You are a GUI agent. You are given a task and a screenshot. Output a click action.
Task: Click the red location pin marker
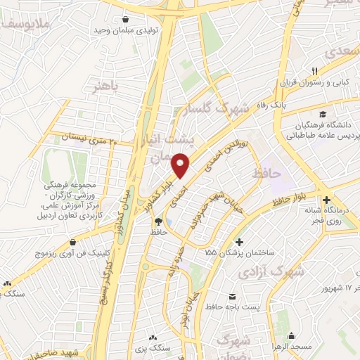pyautogui.click(x=182, y=165)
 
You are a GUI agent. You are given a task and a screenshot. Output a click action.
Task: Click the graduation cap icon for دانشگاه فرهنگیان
pyautogui.click(x=322, y=114)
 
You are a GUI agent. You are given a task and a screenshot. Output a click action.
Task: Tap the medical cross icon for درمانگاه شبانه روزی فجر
pyautogui.click(x=326, y=200)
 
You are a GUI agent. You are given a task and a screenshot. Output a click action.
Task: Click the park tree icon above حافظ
pyautogui.click(x=158, y=221)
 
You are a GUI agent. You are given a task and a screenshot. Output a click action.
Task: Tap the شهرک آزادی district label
pyautogui.click(x=270, y=271)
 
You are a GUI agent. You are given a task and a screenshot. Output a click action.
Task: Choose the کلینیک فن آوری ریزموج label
pyautogui.click(x=72, y=251)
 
